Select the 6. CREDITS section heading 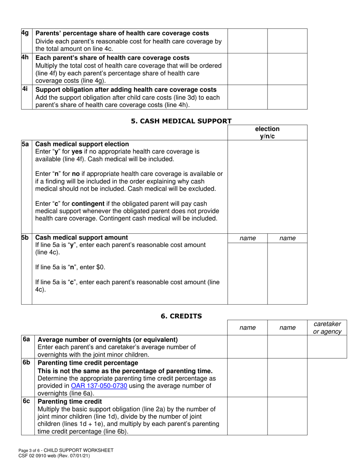(x=181, y=316)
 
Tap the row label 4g (x=25, y=33)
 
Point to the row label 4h (x=25, y=58)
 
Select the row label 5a (x=25, y=144)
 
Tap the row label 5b (x=25, y=238)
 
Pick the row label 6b (x=26, y=363)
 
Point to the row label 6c (x=26, y=401)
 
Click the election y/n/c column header (x=267, y=133)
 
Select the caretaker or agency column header (x=327, y=328)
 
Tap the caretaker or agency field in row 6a (x=327, y=347)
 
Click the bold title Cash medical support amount (x=81, y=238)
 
